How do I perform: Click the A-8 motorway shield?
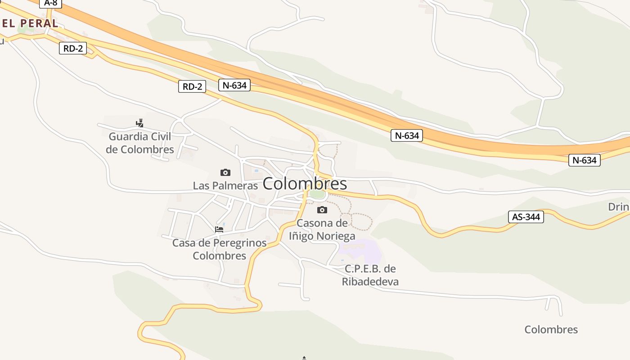point(50,3)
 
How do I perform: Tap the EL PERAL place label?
point(30,23)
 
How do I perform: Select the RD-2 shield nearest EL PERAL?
point(73,48)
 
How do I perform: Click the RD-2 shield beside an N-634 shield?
point(192,86)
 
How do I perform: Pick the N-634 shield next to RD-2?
point(234,85)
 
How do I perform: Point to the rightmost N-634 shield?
point(585,160)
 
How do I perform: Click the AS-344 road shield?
point(526,216)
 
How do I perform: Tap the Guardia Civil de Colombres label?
point(140,143)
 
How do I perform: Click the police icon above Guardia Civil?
point(140,123)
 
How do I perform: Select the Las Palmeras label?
point(225,185)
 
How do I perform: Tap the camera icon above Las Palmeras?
point(225,172)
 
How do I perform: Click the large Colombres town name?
point(305,184)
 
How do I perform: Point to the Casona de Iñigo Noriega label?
point(322,229)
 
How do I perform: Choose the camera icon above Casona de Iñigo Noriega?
point(322,210)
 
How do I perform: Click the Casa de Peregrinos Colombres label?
point(220,249)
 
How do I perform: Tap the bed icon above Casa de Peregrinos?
point(219,229)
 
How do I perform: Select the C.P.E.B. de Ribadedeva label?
point(370,275)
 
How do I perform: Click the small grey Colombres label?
point(551,329)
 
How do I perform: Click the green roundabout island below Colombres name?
point(317,194)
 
